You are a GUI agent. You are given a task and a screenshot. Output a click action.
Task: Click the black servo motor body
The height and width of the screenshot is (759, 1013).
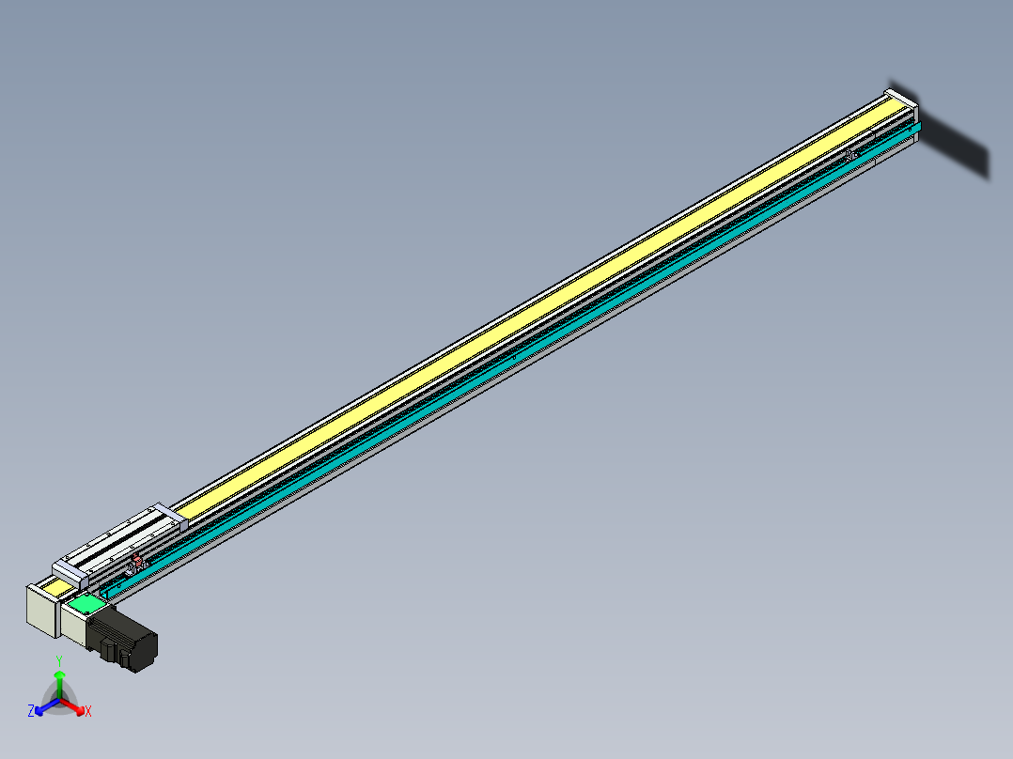(x=132, y=641)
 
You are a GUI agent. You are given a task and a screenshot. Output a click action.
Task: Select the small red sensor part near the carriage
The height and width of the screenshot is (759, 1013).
(x=137, y=563)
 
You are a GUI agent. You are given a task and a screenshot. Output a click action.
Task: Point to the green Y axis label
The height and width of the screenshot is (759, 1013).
(x=59, y=660)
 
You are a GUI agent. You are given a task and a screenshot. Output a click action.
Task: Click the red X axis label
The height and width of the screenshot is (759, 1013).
(x=88, y=711)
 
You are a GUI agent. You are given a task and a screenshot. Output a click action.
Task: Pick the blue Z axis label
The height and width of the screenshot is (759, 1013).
(x=31, y=711)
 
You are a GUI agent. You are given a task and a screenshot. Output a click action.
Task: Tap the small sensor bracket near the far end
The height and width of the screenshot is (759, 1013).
(x=851, y=154)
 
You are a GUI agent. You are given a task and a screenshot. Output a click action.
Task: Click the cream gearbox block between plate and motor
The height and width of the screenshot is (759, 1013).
(x=75, y=627)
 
